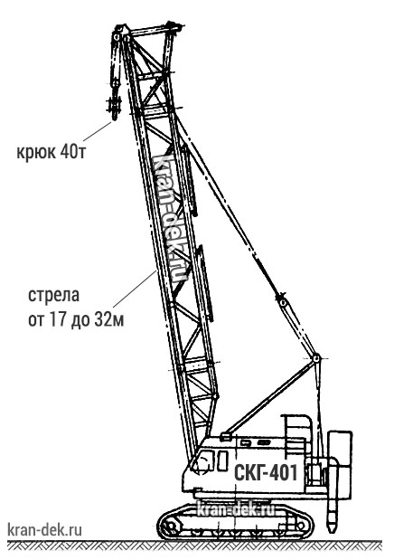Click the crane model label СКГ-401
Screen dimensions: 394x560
[266, 473]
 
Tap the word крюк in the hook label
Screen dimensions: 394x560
[36, 153]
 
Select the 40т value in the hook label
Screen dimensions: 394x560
[73, 152]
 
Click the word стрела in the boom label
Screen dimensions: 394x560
[53, 296]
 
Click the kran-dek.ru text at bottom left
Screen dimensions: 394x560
[44, 529]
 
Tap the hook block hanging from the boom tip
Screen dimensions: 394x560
[115, 107]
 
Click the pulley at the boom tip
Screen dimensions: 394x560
[117, 36]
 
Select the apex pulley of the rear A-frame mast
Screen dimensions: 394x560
[316, 358]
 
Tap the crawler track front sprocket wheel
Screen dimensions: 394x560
[170, 526]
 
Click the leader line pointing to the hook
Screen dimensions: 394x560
[98, 131]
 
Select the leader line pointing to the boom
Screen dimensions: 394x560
[135, 289]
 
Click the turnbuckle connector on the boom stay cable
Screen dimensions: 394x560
[282, 299]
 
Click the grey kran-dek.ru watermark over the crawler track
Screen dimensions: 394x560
[236, 509]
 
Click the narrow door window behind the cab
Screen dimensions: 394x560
[222, 460]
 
